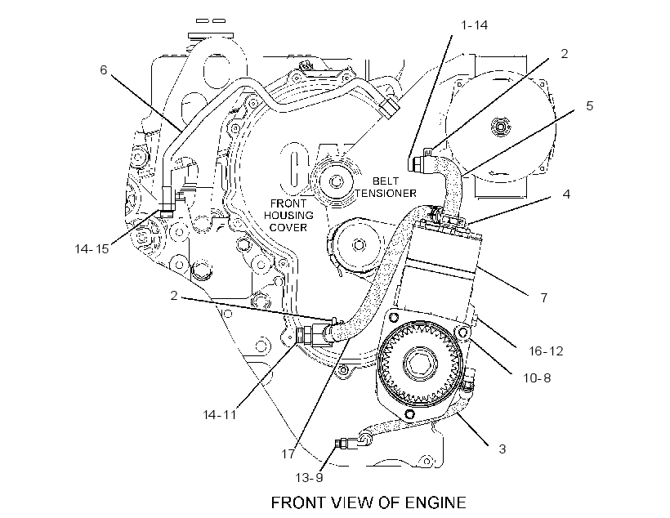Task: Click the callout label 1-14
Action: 474,25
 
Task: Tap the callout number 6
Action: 104,69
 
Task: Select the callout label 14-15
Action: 92,248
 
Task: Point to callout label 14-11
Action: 219,414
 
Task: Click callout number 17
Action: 288,454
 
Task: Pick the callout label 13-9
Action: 310,477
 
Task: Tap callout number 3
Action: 502,449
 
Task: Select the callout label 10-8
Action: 537,377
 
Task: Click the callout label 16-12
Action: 546,351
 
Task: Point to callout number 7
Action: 544,298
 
